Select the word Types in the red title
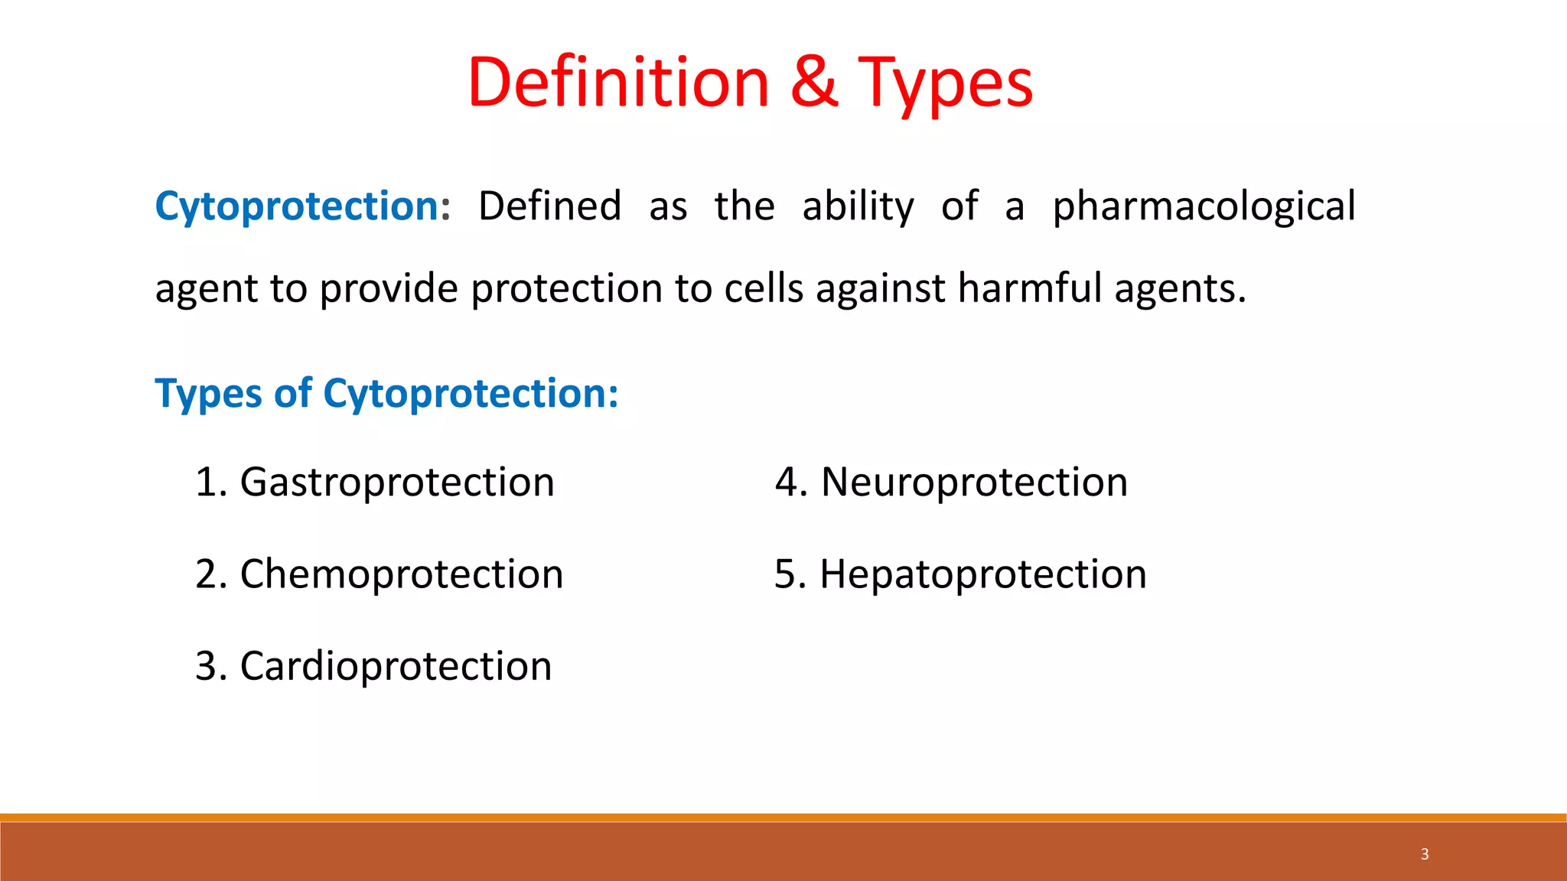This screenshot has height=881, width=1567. click(x=946, y=84)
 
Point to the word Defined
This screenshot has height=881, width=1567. click(x=549, y=206)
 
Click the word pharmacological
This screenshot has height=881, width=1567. click(x=1204, y=206)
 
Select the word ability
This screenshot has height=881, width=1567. click(x=858, y=206)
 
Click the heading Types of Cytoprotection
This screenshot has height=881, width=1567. click(x=386, y=394)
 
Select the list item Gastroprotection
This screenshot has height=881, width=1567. click(x=397, y=483)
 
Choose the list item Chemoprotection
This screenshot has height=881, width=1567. click(x=402, y=574)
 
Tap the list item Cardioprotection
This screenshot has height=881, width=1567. click(x=396, y=666)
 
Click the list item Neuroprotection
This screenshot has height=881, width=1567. click(x=974, y=483)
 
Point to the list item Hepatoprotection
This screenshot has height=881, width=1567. click(x=983, y=574)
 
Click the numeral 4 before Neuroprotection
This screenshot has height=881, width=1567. click(x=787, y=483)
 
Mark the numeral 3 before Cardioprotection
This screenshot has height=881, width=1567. click(x=207, y=666)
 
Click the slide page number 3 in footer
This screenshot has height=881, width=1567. click(x=1425, y=854)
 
